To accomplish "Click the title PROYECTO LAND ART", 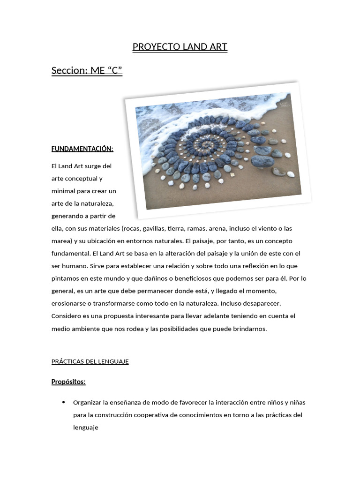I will click(x=180, y=47).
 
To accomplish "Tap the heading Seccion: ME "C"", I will click(x=87, y=71).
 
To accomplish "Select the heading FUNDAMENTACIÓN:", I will click(x=82, y=149).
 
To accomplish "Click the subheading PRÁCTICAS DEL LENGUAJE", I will click(x=90, y=362).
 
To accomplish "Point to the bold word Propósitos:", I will click(x=68, y=382).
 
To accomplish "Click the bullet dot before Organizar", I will click(x=63, y=402).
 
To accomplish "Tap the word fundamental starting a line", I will click(x=70, y=254).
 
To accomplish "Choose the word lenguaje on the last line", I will click(x=86, y=427).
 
